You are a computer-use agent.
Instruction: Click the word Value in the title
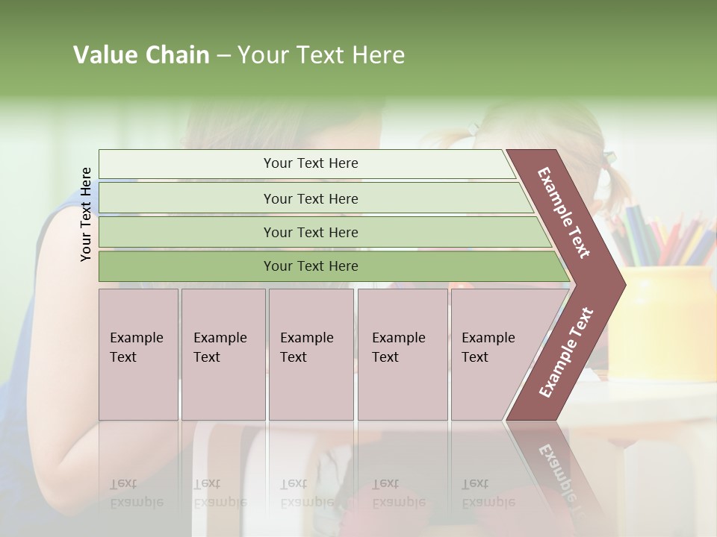104,55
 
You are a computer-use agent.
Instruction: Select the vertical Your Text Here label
86,214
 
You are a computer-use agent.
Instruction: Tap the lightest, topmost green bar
310,163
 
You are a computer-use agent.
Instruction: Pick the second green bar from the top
310,198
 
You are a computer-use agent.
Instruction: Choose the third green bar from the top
310,232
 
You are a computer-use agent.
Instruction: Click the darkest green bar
310,266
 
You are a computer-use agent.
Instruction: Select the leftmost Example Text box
138,354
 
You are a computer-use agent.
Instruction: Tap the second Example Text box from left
223,354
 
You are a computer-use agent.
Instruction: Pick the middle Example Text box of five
311,354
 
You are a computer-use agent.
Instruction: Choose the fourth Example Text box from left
402,354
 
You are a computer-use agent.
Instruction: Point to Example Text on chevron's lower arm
565,353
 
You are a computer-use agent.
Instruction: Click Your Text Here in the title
321,55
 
